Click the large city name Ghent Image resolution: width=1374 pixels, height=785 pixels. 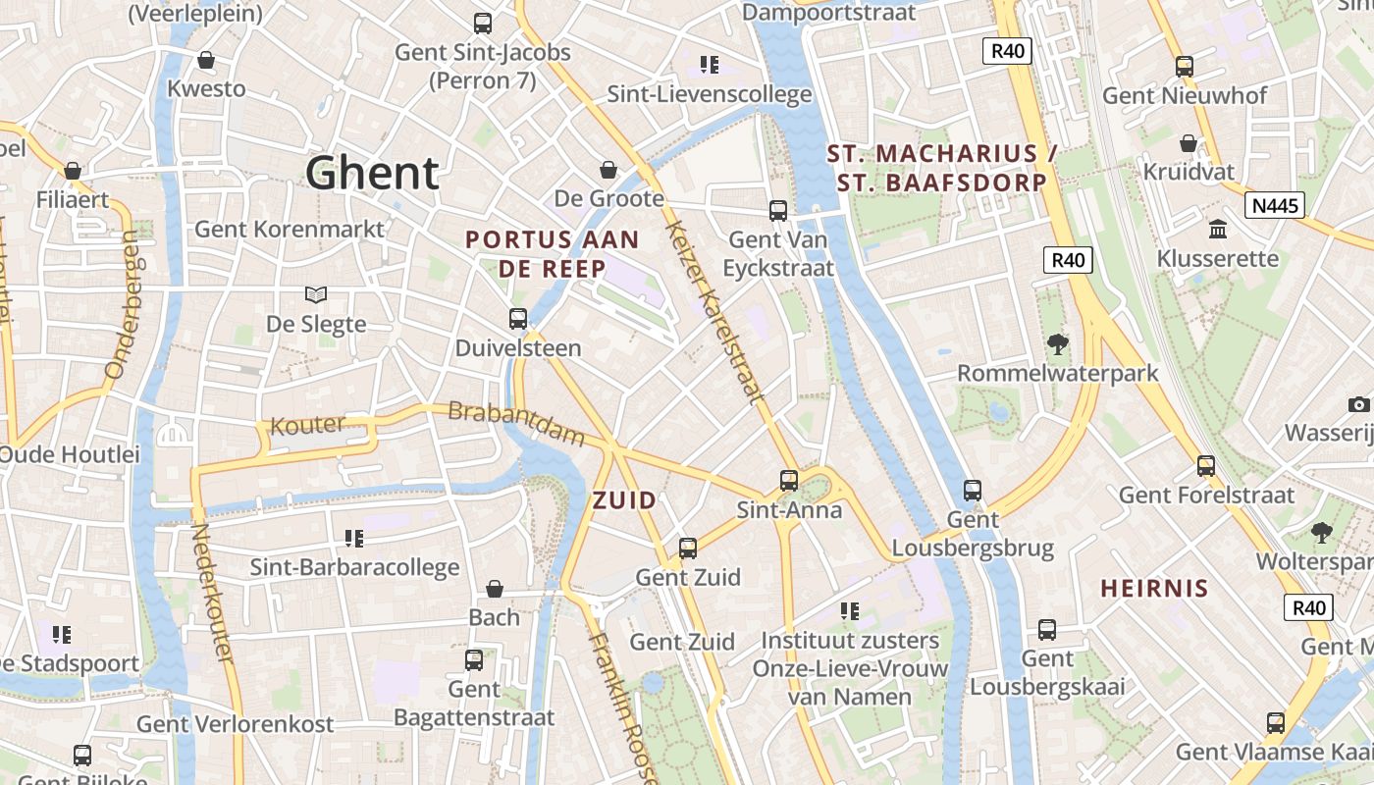point(372,173)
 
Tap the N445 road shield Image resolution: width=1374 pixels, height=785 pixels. point(1275,205)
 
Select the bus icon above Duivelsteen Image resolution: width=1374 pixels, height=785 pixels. point(517,319)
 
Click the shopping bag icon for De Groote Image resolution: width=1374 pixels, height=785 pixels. point(608,170)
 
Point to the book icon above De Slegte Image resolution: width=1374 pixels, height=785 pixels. point(315,294)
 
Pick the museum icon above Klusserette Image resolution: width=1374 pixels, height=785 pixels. point(1218,229)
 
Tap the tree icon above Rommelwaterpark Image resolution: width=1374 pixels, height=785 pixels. point(1057,343)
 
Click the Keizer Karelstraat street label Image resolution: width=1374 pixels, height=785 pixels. point(713,312)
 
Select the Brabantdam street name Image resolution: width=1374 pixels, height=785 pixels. point(516,423)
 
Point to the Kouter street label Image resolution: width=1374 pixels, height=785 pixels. point(307,426)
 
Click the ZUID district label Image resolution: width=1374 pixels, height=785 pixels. point(624,500)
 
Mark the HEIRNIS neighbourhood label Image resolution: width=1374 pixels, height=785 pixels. point(1154,589)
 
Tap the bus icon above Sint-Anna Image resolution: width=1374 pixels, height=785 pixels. point(789,480)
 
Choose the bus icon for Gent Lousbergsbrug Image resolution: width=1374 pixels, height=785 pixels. point(972,490)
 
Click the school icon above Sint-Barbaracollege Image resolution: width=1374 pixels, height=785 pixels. point(354,538)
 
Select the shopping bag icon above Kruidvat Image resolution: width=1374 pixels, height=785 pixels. point(1188,143)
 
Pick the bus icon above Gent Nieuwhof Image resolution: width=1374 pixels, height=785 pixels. point(1185,67)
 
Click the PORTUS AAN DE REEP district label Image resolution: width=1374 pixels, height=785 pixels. point(552,254)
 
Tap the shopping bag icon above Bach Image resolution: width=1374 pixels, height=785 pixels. point(495,589)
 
